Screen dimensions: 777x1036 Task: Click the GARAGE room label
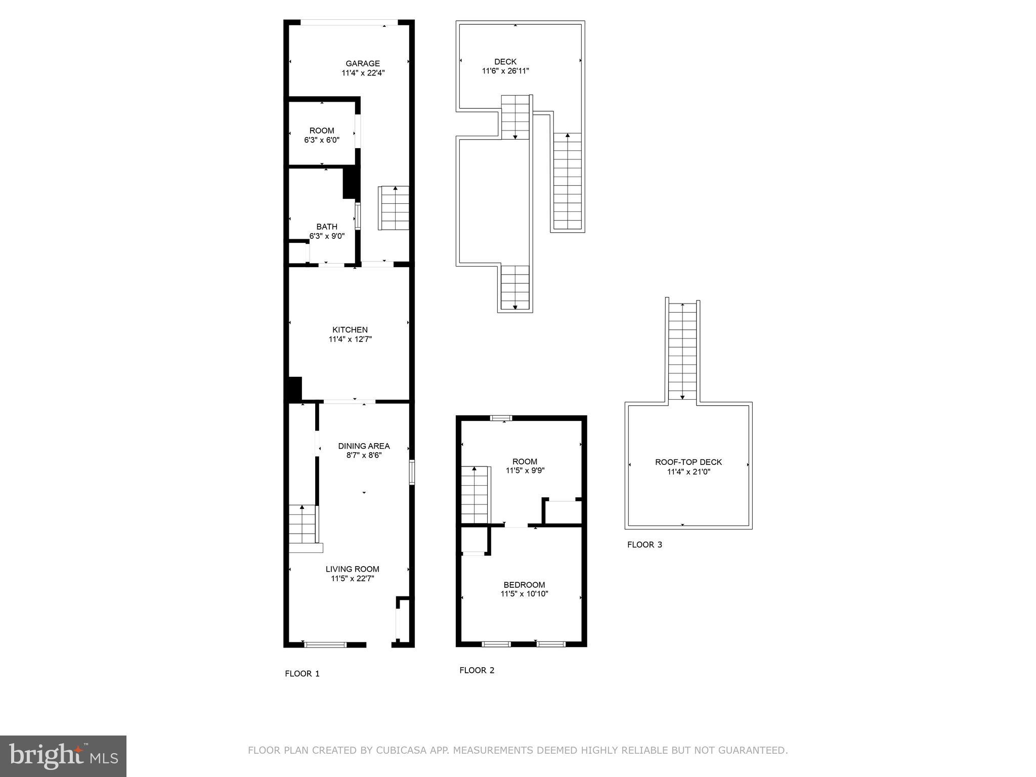click(x=362, y=64)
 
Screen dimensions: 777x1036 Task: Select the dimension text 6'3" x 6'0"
click(x=322, y=140)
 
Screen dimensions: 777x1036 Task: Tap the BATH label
click(x=327, y=227)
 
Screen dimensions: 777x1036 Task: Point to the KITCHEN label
click(x=350, y=330)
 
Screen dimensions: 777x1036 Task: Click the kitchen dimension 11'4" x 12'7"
click(x=350, y=339)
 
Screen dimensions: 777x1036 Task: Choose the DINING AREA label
click(x=364, y=446)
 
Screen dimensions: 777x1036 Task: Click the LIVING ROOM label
click(x=352, y=569)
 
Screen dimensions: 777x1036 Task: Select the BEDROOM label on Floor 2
click(x=524, y=585)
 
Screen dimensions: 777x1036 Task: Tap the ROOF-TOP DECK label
click(x=688, y=462)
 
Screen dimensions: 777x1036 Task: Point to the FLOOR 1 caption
click(x=302, y=674)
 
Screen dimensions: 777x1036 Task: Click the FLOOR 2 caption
click(x=477, y=670)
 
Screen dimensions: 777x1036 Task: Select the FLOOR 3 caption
click(x=644, y=545)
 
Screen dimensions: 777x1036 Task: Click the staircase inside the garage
click(x=394, y=208)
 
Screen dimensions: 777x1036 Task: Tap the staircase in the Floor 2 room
click(x=476, y=495)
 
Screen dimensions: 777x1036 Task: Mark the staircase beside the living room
click(x=303, y=525)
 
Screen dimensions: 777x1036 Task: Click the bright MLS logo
click(x=63, y=756)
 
